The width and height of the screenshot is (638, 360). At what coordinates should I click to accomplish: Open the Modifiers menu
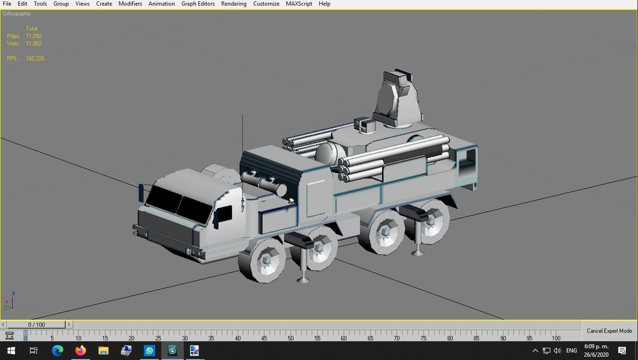coord(130,4)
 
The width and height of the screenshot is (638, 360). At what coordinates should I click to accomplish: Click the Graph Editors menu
coord(198,4)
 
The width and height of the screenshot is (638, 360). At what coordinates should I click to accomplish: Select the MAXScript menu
coord(299,4)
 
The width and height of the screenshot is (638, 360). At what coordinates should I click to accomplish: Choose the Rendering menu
coord(234,4)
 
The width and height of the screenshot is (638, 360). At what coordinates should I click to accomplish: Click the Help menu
coord(324,4)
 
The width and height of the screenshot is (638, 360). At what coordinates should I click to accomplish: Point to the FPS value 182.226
coord(35,59)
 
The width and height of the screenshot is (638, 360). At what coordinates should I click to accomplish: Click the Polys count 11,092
coord(34,36)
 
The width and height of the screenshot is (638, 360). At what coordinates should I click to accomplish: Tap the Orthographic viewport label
coord(17,14)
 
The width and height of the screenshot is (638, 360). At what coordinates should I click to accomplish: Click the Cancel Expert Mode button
coord(609,331)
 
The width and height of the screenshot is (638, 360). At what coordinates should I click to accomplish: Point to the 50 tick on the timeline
coord(290,338)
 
